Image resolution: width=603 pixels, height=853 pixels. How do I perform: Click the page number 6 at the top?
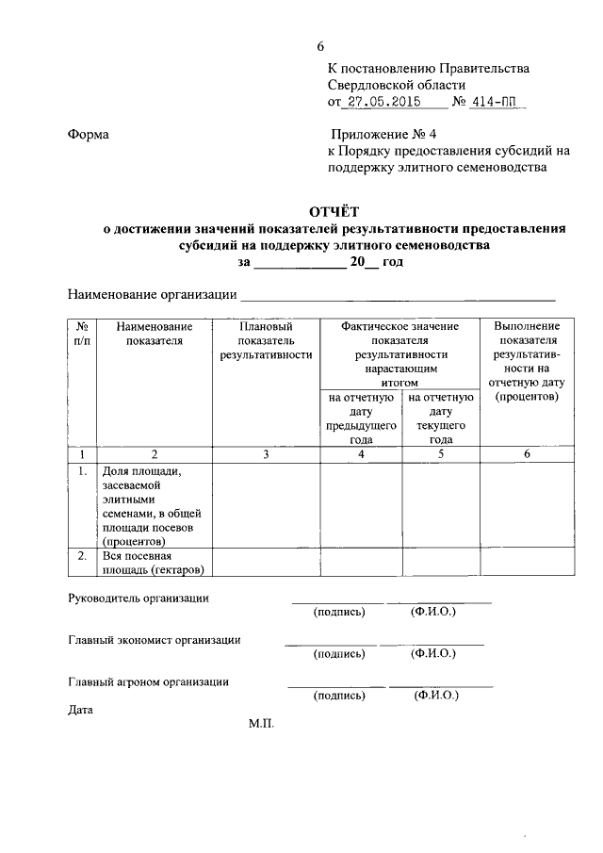point(320,47)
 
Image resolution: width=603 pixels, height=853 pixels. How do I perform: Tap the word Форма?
point(89,135)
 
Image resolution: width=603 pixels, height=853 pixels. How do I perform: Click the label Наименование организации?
point(152,294)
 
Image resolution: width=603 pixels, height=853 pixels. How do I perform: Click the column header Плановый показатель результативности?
point(266,340)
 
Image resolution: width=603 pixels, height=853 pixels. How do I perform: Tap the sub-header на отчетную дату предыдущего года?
point(361,418)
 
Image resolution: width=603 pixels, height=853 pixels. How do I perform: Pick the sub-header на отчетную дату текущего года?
point(440,418)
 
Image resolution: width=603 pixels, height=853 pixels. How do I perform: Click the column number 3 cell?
point(266,454)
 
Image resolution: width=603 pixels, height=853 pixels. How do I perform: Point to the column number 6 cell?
point(527,454)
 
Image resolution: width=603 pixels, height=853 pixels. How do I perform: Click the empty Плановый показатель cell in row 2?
point(266,563)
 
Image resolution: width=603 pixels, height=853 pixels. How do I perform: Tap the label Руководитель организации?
point(139,598)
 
